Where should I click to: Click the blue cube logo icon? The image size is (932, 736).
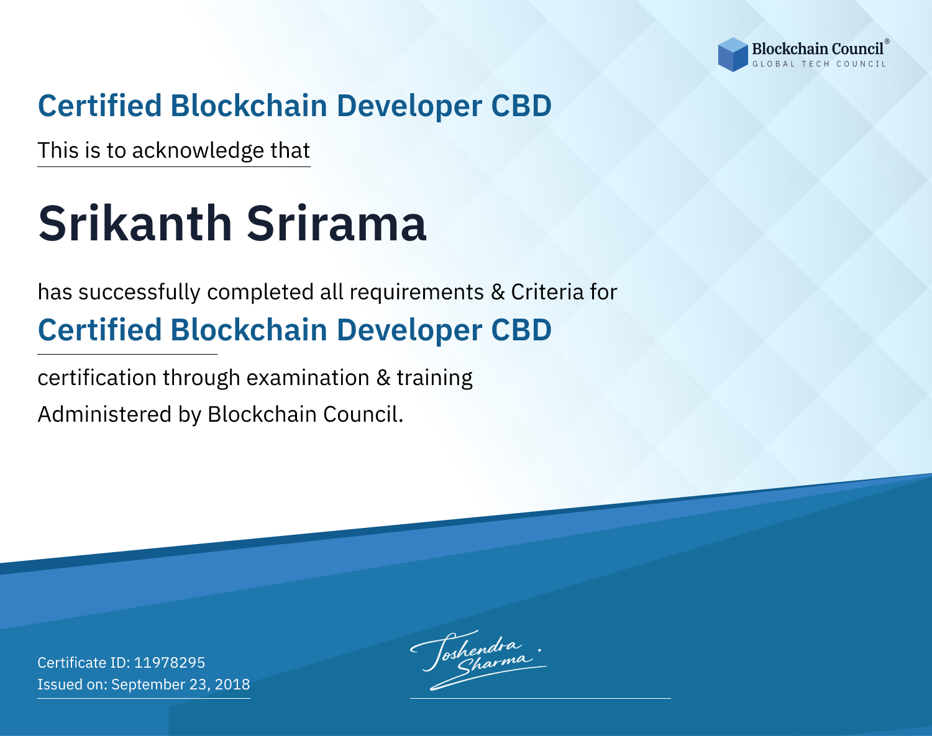(733, 55)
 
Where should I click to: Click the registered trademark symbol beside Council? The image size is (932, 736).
(887, 42)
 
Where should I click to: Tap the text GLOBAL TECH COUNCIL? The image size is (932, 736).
(819, 64)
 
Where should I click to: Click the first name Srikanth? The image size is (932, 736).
(135, 223)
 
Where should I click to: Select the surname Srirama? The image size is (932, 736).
(337, 223)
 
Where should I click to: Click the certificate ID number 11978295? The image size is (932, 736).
(170, 662)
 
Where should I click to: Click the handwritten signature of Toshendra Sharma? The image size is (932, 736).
(478, 660)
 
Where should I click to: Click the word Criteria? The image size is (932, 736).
(547, 292)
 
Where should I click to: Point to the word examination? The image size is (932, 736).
(308, 378)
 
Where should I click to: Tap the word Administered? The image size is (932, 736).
(105, 414)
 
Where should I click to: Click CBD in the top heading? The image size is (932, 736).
(521, 106)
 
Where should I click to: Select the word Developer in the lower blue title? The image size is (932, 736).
(409, 331)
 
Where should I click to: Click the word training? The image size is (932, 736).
(435, 379)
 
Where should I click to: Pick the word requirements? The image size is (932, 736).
(417, 293)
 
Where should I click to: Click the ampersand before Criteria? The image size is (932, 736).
(498, 292)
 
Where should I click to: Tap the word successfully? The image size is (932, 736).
(139, 293)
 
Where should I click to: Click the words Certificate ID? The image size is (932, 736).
(84, 662)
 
